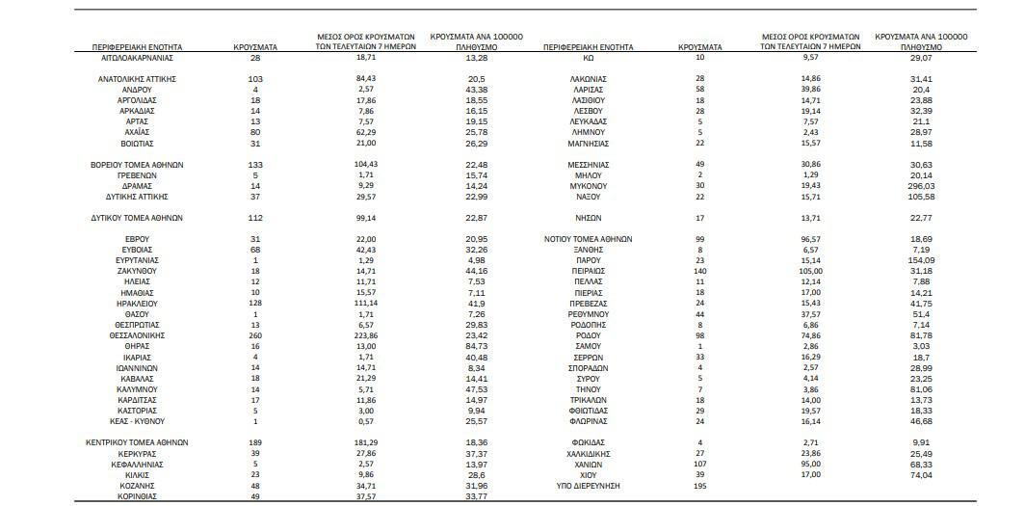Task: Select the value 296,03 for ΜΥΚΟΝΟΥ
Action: [921, 185]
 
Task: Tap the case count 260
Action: [255, 336]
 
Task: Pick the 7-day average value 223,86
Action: [365, 336]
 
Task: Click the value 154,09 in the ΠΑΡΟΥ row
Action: [921, 260]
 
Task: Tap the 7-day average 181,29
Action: [365, 442]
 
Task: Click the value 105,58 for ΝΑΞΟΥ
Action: [921, 196]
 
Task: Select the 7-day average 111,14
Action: [365, 304]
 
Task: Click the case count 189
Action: [255, 442]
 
